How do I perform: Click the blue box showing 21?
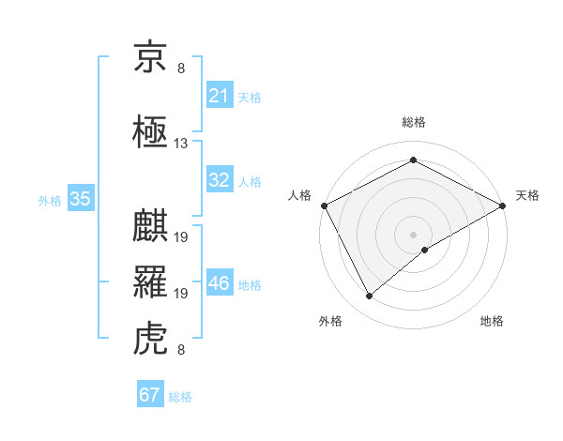220,96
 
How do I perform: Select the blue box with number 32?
220,180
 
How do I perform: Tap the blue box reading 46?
220,283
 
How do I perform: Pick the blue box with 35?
81,199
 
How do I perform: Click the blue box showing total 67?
149,395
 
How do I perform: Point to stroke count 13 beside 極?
181,144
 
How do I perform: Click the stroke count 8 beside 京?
181,68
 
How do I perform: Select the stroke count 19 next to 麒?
181,237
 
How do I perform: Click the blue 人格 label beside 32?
250,181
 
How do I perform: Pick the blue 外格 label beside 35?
50,200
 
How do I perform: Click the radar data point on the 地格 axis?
425,249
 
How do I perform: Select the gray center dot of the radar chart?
413,234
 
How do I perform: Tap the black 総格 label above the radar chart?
413,122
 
